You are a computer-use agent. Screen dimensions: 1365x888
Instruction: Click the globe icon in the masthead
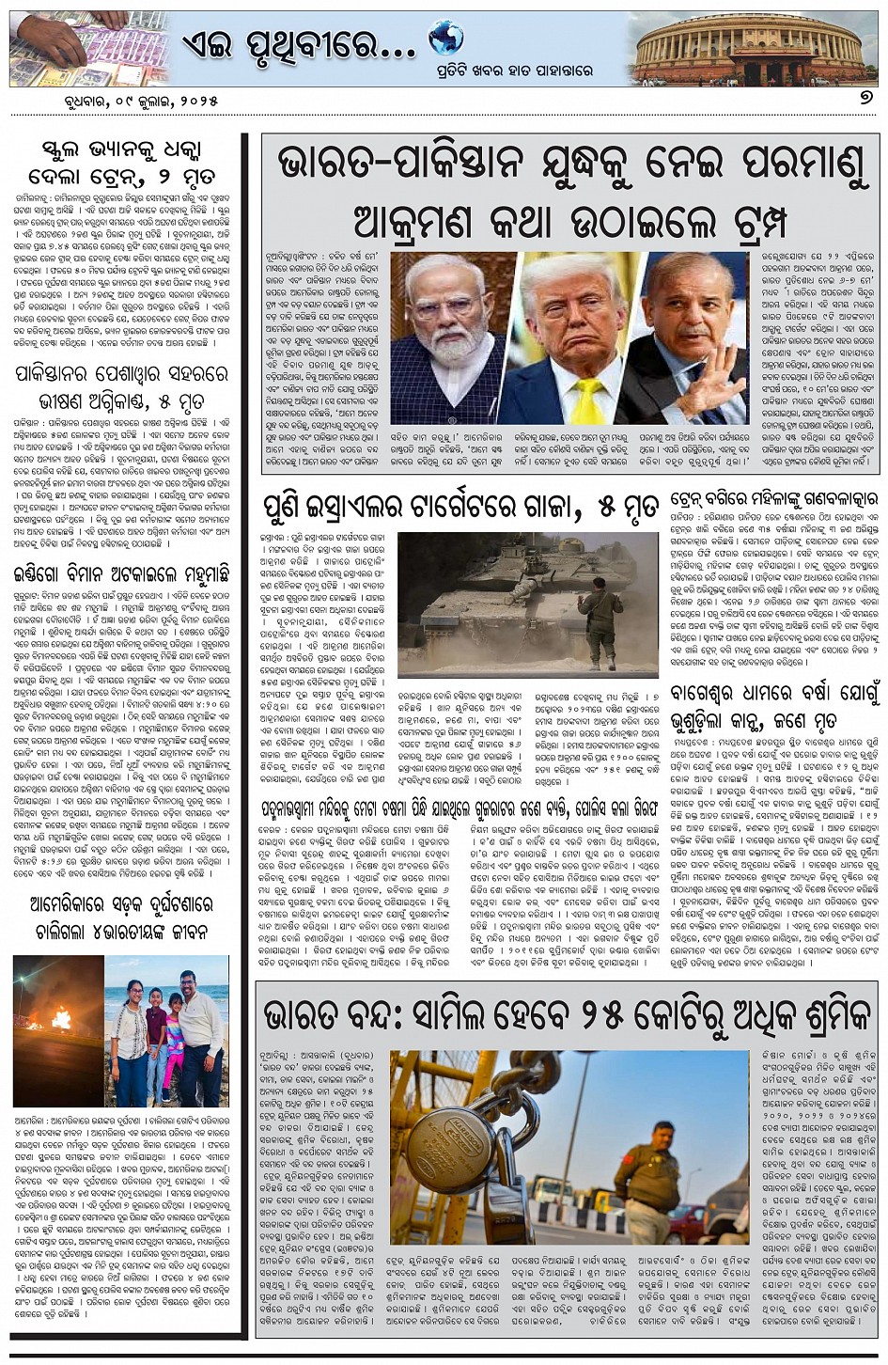tap(445, 38)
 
